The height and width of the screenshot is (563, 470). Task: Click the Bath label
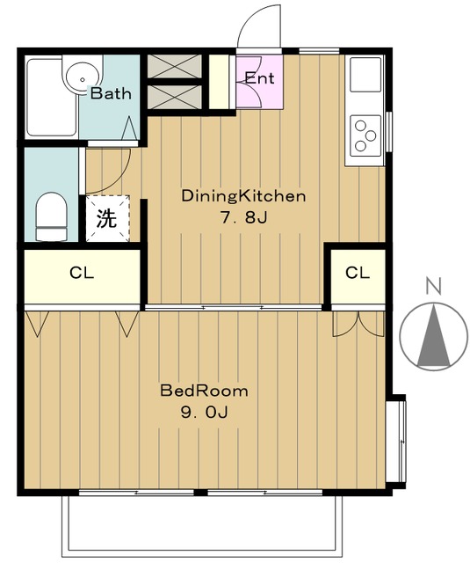click(111, 93)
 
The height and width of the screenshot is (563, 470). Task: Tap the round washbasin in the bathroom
click(82, 74)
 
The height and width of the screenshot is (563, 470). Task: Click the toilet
click(51, 216)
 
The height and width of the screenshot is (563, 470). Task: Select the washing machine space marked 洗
click(107, 218)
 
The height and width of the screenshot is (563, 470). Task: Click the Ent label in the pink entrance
click(259, 78)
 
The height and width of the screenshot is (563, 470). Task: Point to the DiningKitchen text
click(243, 196)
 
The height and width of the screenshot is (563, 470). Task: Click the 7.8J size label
click(243, 217)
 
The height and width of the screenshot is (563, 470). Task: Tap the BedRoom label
click(204, 391)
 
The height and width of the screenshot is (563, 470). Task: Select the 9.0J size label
click(204, 413)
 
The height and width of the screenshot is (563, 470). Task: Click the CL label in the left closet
click(82, 274)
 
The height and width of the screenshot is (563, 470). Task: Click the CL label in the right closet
click(358, 273)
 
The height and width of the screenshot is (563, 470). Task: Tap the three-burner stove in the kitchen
click(365, 135)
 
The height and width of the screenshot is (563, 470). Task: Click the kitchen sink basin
click(365, 74)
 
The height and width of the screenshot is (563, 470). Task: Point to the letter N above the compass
click(433, 285)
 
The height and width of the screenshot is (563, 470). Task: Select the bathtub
click(52, 98)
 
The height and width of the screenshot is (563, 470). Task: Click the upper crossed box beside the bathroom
click(175, 66)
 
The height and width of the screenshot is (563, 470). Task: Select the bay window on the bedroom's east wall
click(396, 442)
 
